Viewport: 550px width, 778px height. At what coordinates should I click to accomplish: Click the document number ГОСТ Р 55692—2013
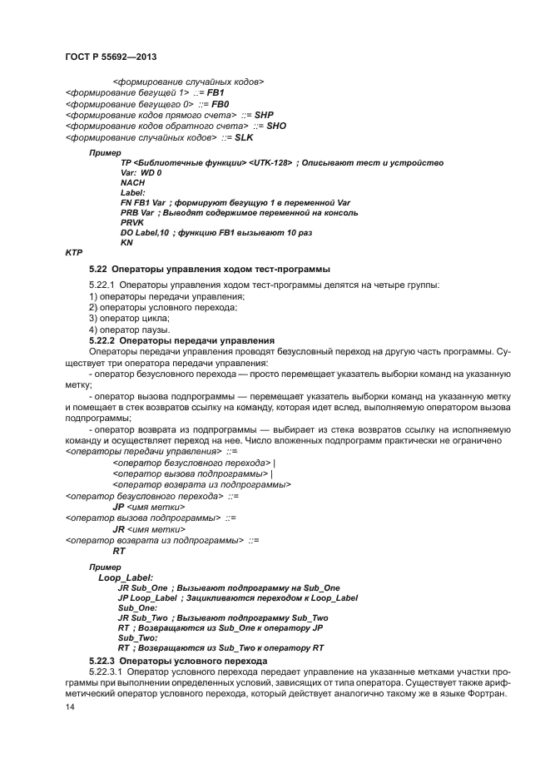[111, 57]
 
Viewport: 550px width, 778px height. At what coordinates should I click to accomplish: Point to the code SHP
[264, 114]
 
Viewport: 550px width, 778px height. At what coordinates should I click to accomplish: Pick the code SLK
[246, 136]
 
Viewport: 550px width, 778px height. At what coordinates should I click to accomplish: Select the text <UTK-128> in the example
[270, 162]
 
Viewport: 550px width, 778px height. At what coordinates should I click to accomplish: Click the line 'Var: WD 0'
[141, 172]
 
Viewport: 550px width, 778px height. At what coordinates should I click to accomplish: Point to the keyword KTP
[74, 252]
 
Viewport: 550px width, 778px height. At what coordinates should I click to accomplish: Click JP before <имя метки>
[118, 506]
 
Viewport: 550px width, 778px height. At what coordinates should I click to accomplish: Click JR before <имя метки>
[118, 528]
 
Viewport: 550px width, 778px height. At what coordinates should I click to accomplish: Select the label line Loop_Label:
[125, 577]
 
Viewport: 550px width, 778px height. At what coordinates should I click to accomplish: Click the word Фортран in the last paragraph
[486, 694]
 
